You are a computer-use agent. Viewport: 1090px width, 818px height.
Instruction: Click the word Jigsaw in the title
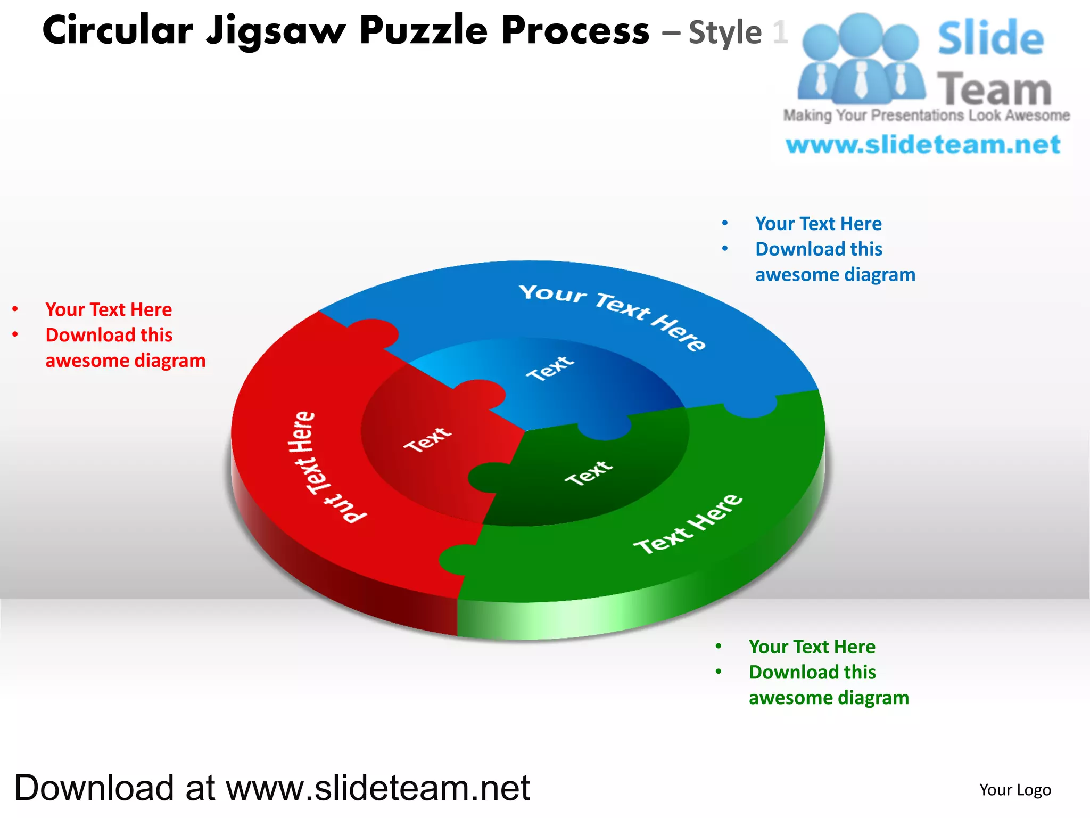276,31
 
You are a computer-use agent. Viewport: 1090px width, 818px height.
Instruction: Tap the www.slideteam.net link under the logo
923,145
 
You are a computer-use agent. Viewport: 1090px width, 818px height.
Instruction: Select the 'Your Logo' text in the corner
1015,790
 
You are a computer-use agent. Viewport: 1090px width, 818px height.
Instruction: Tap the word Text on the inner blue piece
550,368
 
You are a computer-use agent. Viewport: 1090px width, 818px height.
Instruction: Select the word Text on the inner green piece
588,473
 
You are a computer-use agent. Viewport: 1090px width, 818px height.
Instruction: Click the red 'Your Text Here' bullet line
109,309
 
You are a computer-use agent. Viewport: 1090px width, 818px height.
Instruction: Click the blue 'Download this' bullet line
819,249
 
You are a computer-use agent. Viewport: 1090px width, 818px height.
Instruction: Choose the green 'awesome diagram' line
829,698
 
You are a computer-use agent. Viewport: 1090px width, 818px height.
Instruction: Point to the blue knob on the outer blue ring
750,407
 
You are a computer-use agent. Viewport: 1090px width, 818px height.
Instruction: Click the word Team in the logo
994,89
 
